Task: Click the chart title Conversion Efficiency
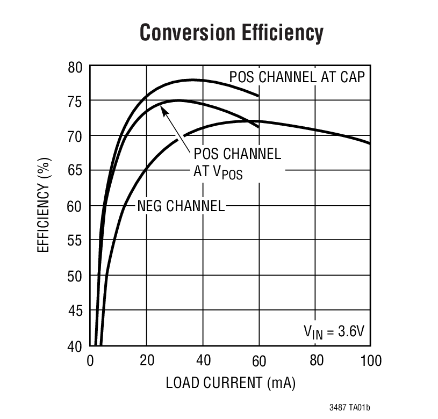[x=232, y=32]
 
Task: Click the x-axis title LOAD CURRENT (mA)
[x=231, y=383]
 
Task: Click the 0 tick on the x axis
[x=90, y=360]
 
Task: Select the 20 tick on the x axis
[x=146, y=360]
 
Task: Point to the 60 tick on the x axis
[x=259, y=360]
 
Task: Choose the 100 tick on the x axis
[x=370, y=360]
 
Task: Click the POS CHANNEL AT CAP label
[x=297, y=77]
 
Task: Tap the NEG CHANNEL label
[x=181, y=206]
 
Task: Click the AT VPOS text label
[x=218, y=172]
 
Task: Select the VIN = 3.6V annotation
[x=334, y=331]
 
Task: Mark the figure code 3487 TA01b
[x=349, y=408]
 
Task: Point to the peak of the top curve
[x=192, y=80]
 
